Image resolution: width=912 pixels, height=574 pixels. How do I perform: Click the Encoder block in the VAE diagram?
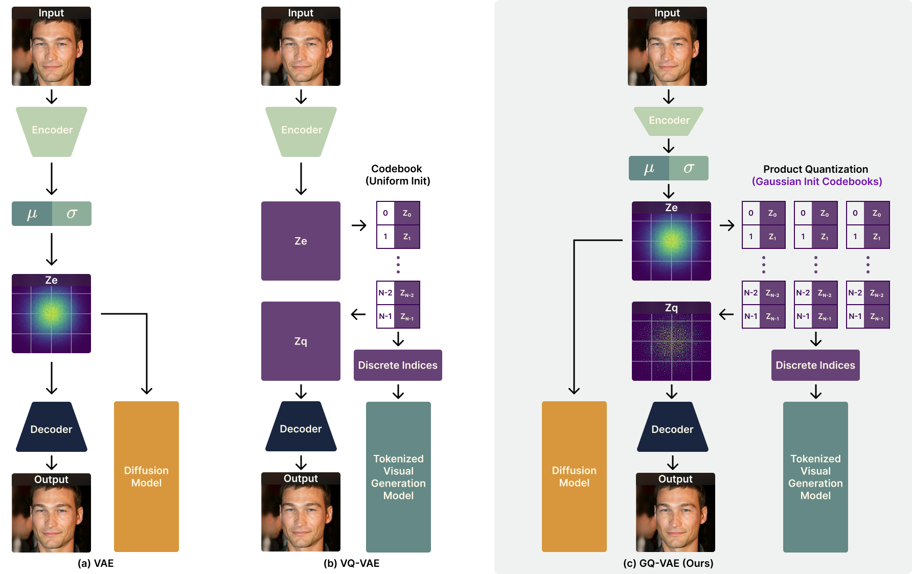point(52,131)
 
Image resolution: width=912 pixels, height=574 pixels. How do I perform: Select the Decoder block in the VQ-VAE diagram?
point(301,427)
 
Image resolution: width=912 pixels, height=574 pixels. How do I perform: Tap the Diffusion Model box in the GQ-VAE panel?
point(574,476)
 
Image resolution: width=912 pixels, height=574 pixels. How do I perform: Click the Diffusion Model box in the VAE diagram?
point(146,476)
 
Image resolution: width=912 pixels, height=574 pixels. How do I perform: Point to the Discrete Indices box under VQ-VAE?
point(398,365)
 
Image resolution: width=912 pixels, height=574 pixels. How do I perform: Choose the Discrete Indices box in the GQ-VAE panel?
point(815,365)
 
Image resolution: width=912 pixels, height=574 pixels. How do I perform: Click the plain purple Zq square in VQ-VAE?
point(301,341)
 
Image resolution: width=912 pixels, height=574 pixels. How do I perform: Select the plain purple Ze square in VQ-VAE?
point(301,241)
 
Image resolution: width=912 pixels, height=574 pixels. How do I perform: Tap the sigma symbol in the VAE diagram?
point(72,214)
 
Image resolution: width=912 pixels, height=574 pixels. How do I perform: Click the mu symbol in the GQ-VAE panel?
point(649,168)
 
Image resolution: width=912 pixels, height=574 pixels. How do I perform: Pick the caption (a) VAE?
point(96,563)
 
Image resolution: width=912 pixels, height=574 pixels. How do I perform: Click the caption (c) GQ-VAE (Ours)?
point(668,563)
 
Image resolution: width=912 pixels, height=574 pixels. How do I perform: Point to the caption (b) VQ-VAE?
point(352,563)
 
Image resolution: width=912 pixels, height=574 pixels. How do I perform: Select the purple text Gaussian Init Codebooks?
point(817,181)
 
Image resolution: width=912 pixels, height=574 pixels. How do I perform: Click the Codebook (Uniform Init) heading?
point(398,175)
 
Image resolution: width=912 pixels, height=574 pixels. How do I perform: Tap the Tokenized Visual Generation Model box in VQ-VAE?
point(398,477)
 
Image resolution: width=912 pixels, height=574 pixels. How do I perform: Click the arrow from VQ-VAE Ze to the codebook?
point(359,225)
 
